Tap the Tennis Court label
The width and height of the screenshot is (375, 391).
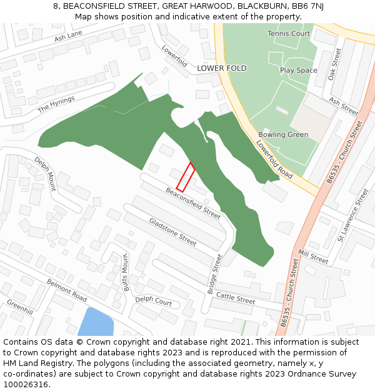click(288, 33)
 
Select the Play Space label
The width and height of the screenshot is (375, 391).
click(298, 71)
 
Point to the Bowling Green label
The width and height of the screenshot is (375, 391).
click(283, 135)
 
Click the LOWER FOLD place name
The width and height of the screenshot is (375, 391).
click(222, 68)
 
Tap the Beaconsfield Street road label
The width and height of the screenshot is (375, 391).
click(193, 203)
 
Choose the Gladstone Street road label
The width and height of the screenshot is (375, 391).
click(172, 231)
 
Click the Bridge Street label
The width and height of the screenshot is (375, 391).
click(215, 274)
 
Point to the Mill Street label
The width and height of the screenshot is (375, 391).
click(313, 256)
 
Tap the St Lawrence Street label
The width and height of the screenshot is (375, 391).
click(352, 216)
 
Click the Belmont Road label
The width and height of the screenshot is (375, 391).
click(67, 290)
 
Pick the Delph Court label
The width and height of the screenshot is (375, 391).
click(153, 301)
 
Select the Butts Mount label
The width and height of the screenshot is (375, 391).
click(126, 273)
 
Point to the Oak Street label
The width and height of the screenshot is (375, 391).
click(335, 64)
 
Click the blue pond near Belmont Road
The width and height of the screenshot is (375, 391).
click(95, 322)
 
